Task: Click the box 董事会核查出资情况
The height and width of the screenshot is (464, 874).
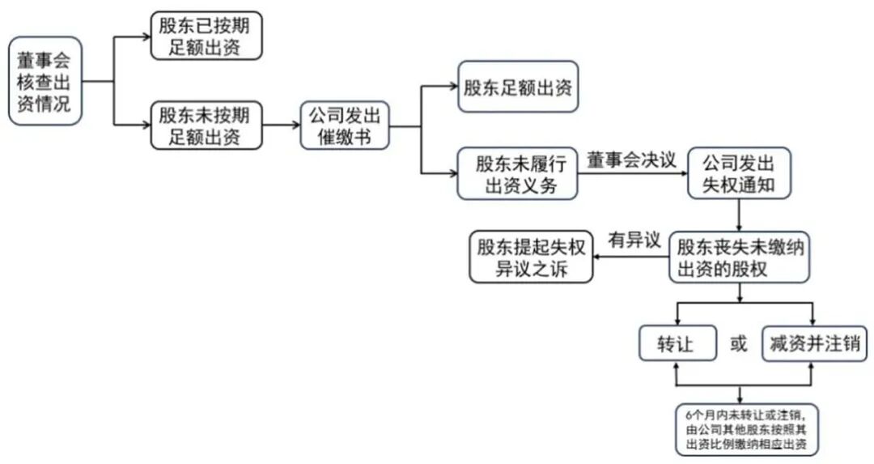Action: (x=45, y=81)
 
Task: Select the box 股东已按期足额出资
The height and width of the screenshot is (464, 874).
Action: (x=206, y=36)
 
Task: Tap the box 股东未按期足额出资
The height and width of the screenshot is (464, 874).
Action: (x=206, y=125)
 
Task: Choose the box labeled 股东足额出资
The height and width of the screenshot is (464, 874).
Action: (x=518, y=87)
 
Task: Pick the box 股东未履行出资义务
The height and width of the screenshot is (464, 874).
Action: (x=518, y=173)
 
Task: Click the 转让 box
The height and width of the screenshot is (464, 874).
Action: (x=677, y=343)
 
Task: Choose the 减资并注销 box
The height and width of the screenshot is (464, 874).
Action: (x=815, y=343)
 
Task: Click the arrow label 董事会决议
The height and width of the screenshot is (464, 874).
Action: (x=632, y=160)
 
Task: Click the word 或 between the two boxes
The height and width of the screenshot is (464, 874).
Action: (x=739, y=344)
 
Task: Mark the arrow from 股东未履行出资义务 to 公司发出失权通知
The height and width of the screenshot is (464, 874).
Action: (x=632, y=174)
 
